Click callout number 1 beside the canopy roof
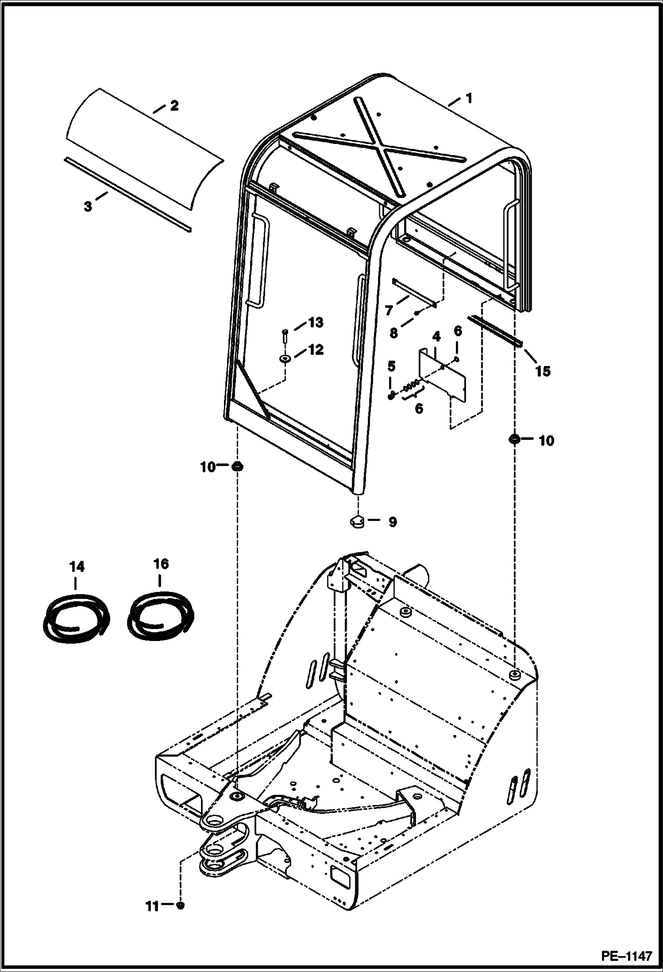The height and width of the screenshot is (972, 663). [468, 98]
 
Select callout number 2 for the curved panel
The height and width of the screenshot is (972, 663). [174, 106]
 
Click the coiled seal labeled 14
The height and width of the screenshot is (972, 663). [76, 614]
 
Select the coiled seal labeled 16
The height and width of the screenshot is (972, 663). [160, 612]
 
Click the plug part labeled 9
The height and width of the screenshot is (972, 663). [357, 521]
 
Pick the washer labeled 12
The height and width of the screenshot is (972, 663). [285, 358]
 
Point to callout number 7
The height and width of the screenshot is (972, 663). [389, 310]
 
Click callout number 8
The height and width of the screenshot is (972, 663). [393, 333]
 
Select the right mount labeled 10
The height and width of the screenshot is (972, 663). [514, 439]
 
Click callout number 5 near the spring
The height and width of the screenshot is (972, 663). [391, 366]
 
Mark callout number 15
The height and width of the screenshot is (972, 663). [543, 371]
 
